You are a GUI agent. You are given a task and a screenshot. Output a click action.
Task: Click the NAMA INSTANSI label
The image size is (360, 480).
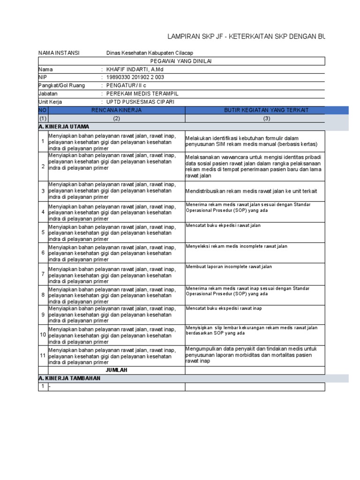coord(59,53)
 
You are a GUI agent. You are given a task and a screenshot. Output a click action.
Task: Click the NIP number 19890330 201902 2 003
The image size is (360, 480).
coord(135,77)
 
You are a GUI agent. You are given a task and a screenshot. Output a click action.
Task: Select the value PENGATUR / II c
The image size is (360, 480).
coord(126,85)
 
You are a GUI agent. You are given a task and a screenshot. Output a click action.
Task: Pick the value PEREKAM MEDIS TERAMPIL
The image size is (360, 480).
coord(142,93)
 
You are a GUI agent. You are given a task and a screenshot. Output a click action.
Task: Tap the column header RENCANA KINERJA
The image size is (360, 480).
coord(117,110)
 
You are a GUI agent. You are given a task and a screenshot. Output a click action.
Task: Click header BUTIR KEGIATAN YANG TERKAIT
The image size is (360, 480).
coord(266,110)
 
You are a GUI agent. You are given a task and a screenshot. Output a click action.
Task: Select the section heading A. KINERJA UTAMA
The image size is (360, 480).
coord(64,127)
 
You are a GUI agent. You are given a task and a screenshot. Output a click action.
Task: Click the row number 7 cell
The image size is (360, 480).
coord(43,274)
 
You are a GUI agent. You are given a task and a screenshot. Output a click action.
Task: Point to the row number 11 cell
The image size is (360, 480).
coord(43,356)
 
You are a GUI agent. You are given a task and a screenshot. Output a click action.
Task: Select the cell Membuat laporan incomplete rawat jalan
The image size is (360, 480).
coord(229,267)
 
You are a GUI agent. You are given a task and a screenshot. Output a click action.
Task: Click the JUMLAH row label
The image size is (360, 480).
coord(117,370)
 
